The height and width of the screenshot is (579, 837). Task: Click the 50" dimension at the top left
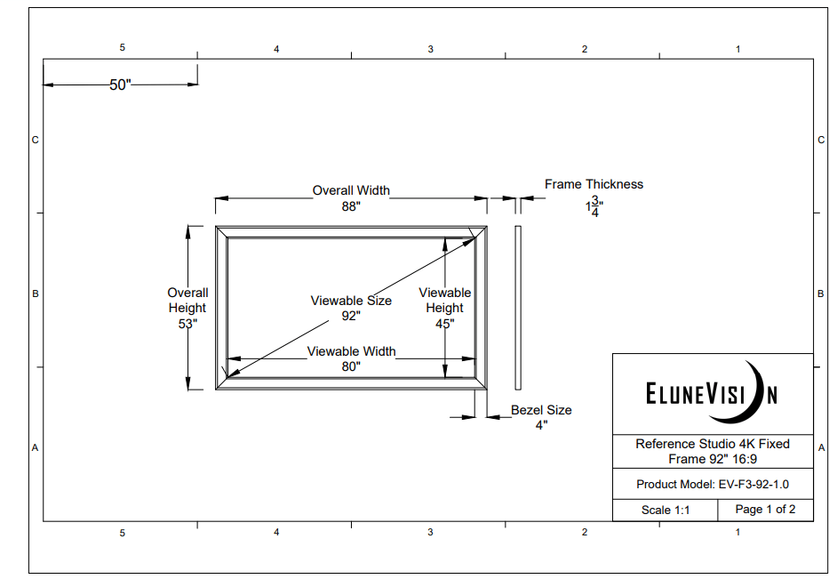(120, 85)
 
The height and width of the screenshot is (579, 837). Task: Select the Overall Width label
(351, 190)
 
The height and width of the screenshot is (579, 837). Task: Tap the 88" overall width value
(351, 206)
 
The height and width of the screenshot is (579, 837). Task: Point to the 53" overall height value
(187, 325)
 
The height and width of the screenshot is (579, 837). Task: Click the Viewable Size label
(351, 301)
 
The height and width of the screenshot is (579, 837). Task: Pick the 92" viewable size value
(351, 316)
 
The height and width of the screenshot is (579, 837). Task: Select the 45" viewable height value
(444, 325)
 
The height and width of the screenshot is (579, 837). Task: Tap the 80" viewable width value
(351, 366)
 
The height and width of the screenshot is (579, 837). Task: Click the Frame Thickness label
(594, 184)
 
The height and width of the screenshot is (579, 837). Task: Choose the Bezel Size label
(541, 410)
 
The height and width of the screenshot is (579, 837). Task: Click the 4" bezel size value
(540, 425)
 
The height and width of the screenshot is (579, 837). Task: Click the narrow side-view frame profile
(518, 307)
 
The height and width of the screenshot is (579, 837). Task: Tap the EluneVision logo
(712, 393)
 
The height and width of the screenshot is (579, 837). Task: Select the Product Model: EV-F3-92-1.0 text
(713, 485)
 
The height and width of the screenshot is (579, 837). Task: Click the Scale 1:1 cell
(666, 511)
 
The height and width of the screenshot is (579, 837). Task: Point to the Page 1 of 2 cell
(765, 510)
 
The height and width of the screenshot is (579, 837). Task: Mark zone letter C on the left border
(36, 140)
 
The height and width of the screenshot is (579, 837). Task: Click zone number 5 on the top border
(123, 48)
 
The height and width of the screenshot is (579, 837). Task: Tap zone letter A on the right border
(820, 447)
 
